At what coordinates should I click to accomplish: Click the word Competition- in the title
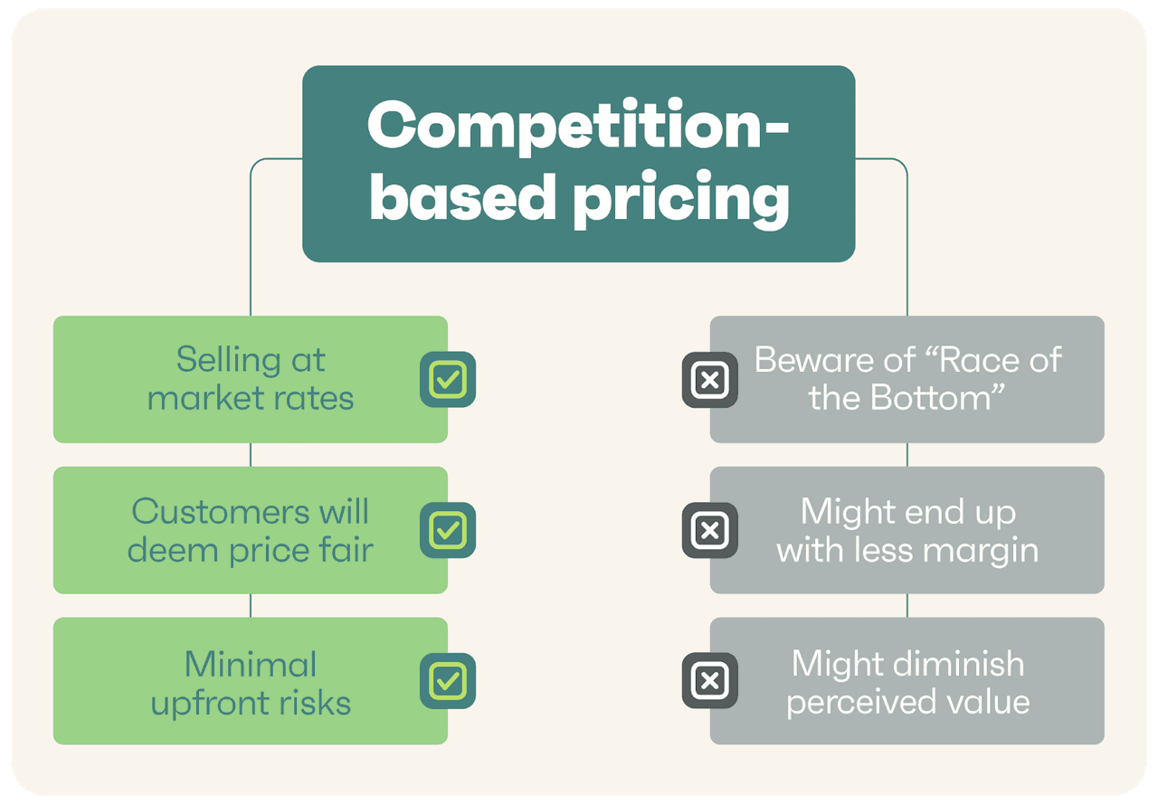point(578,127)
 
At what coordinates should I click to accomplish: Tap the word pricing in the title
point(681,200)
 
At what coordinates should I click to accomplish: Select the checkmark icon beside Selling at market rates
point(448,380)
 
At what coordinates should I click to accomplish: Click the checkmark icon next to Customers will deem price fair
point(448,530)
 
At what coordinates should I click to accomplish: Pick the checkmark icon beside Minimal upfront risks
point(448,681)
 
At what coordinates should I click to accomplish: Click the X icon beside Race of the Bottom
point(710,380)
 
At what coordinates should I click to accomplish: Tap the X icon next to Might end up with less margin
point(710,530)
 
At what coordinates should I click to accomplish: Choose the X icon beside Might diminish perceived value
point(710,680)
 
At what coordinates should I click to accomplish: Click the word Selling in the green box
point(229,360)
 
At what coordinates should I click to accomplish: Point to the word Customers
point(221,512)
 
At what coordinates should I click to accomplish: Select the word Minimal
point(251,664)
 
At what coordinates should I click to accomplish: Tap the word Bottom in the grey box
point(936,398)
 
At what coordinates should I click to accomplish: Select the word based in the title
point(462,197)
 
